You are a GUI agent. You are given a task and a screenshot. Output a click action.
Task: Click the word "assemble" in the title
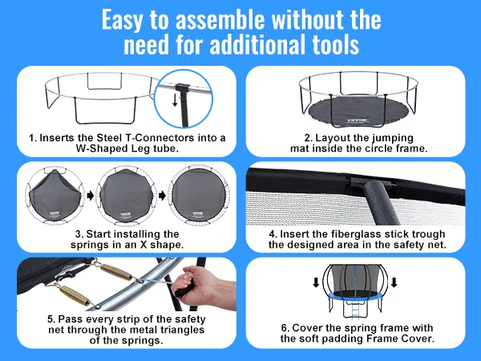tap(220, 19)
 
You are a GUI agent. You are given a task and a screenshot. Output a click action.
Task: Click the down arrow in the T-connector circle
tap(175, 100)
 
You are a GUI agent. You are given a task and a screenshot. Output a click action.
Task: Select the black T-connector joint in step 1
tap(184, 88)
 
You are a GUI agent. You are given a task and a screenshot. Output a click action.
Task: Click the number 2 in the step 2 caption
tap(308, 138)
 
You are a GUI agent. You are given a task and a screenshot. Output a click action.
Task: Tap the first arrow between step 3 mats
tap(91, 196)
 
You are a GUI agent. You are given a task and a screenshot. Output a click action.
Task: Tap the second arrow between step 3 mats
tap(162, 196)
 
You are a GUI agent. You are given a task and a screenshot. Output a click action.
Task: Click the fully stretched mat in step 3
tap(199, 195)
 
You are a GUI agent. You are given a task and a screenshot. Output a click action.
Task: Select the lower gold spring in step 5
tap(74, 294)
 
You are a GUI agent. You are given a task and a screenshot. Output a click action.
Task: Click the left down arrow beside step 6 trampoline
tap(316, 282)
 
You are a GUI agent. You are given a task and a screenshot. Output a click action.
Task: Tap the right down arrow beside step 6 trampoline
tap(394, 282)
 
